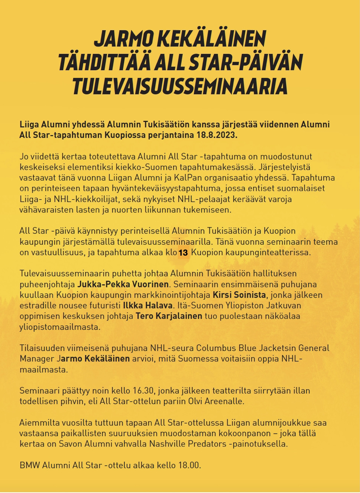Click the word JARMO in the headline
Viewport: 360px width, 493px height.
pos(123,39)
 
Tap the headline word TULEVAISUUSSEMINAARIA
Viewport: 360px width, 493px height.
pos(180,86)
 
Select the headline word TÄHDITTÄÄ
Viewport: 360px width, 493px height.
pos(104,62)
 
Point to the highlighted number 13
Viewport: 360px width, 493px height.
pos(183,253)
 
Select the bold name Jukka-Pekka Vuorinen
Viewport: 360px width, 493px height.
pos(123,284)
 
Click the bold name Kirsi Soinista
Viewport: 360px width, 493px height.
pos(239,295)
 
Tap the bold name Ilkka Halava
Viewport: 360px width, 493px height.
pos(147,306)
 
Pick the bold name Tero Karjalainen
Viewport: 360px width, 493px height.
pos(169,316)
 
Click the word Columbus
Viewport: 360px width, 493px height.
pos(215,348)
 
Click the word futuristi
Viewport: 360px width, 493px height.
pos(105,306)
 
